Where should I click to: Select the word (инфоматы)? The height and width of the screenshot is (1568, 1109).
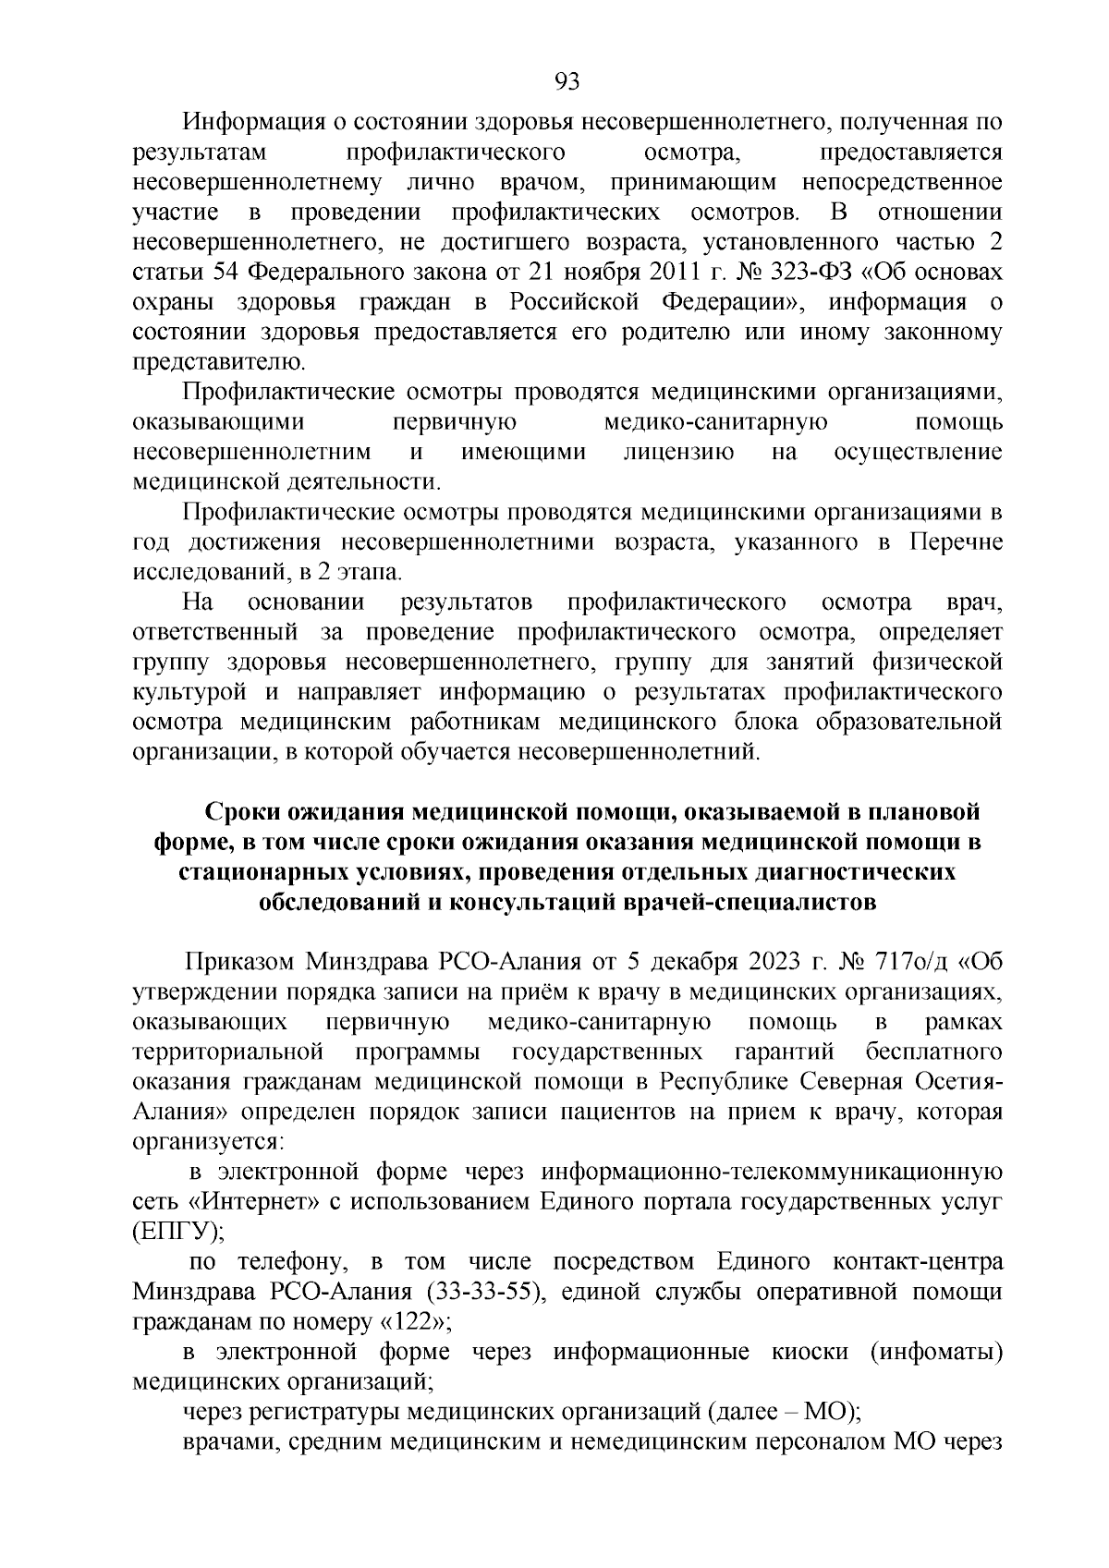click(x=935, y=1352)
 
